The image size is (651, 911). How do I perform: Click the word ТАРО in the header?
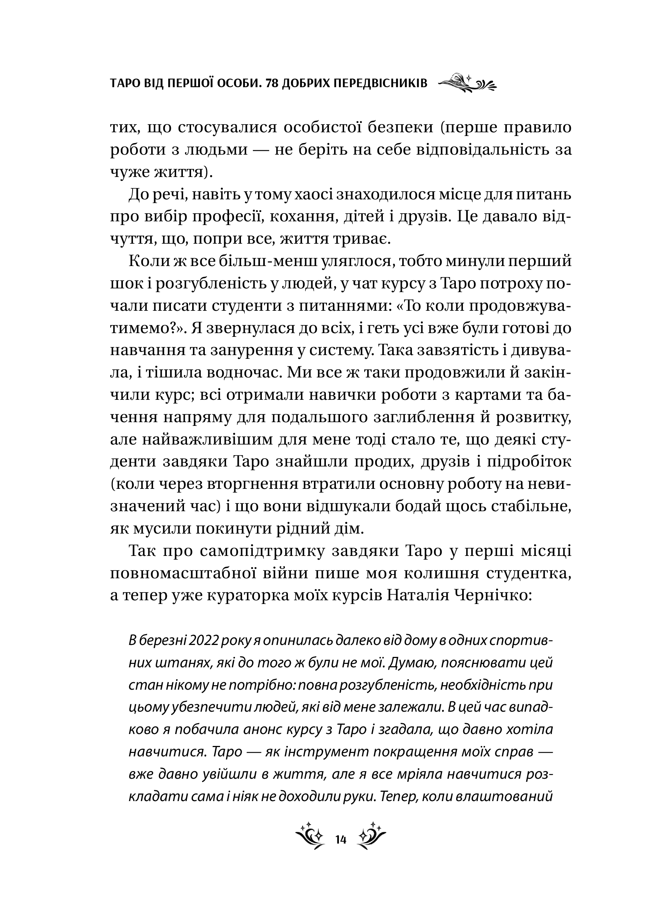coord(124,83)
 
